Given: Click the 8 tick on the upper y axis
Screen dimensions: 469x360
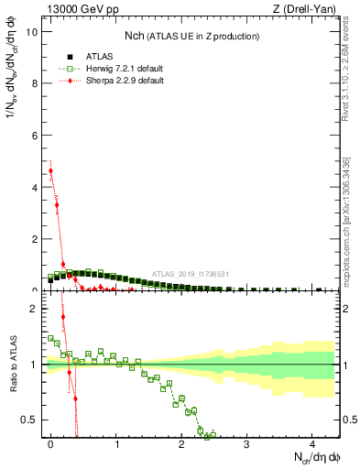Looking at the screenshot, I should pos(36,83).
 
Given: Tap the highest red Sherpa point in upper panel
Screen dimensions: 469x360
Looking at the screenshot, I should pos(51,170).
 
